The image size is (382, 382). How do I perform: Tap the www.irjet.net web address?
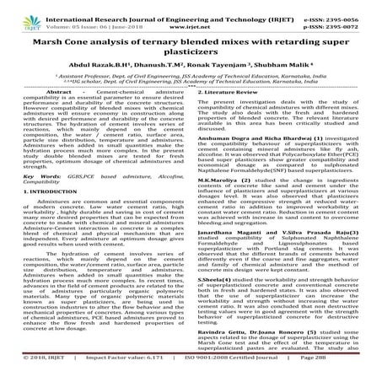pyautogui.click(x=191, y=17)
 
